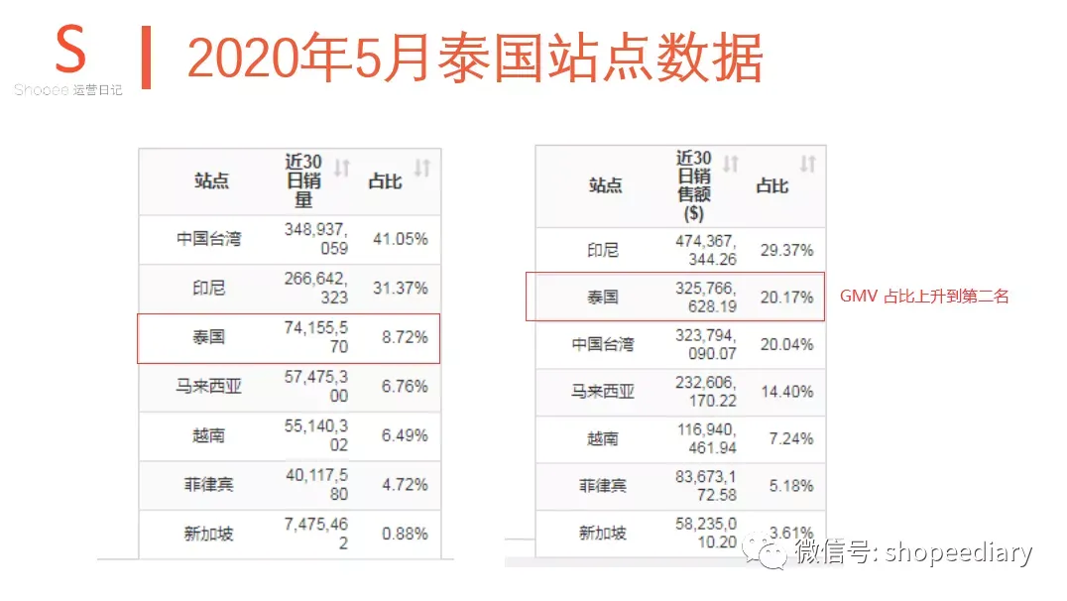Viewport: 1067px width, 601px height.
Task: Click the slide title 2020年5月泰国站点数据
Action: [x=474, y=59]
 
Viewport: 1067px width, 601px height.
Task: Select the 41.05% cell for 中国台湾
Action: [x=405, y=239]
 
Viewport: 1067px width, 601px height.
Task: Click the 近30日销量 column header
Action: [x=303, y=180]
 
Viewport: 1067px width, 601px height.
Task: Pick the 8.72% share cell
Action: [x=405, y=337]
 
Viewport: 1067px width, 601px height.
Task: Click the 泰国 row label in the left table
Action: [x=209, y=337]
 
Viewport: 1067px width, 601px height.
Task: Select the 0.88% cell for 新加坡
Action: [x=405, y=534]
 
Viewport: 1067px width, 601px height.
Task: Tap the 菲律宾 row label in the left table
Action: [x=209, y=485]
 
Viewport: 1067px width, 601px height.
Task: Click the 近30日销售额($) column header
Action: [x=694, y=184]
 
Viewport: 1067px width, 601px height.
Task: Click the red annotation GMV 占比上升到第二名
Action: [x=924, y=296]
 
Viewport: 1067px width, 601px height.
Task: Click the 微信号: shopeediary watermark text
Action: [x=913, y=552]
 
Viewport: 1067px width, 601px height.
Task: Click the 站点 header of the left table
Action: [x=211, y=180]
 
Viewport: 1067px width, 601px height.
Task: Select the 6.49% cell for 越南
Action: [x=405, y=435]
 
